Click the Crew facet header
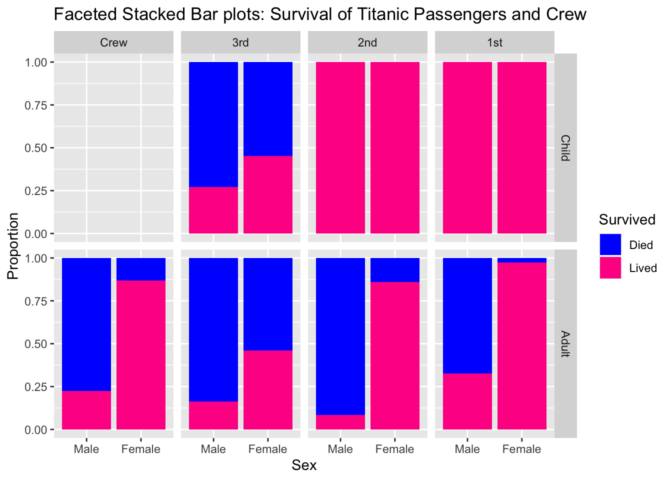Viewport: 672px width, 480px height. click(113, 42)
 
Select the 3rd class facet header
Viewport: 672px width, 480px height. click(240, 42)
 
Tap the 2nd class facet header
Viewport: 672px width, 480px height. click(367, 42)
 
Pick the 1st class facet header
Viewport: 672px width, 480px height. click(494, 42)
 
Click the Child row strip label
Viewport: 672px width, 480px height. click(565, 147)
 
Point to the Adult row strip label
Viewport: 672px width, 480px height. click(565, 343)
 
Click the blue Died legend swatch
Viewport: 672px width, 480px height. click(610, 244)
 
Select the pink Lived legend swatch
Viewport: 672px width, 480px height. click(610, 268)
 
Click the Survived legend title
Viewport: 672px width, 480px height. click(627, 219)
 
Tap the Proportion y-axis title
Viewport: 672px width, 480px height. click(13, 245)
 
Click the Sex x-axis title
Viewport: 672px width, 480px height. click(304, 465)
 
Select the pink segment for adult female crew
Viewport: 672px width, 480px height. click(141, 355)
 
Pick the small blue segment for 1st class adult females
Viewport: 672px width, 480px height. click(522, 260)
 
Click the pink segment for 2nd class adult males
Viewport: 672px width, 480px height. click(340, 422)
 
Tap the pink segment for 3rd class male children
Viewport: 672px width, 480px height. click(213, 210)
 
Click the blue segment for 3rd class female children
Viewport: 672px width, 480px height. click(268, 109)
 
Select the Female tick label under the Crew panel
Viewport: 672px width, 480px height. click(141, 449)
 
